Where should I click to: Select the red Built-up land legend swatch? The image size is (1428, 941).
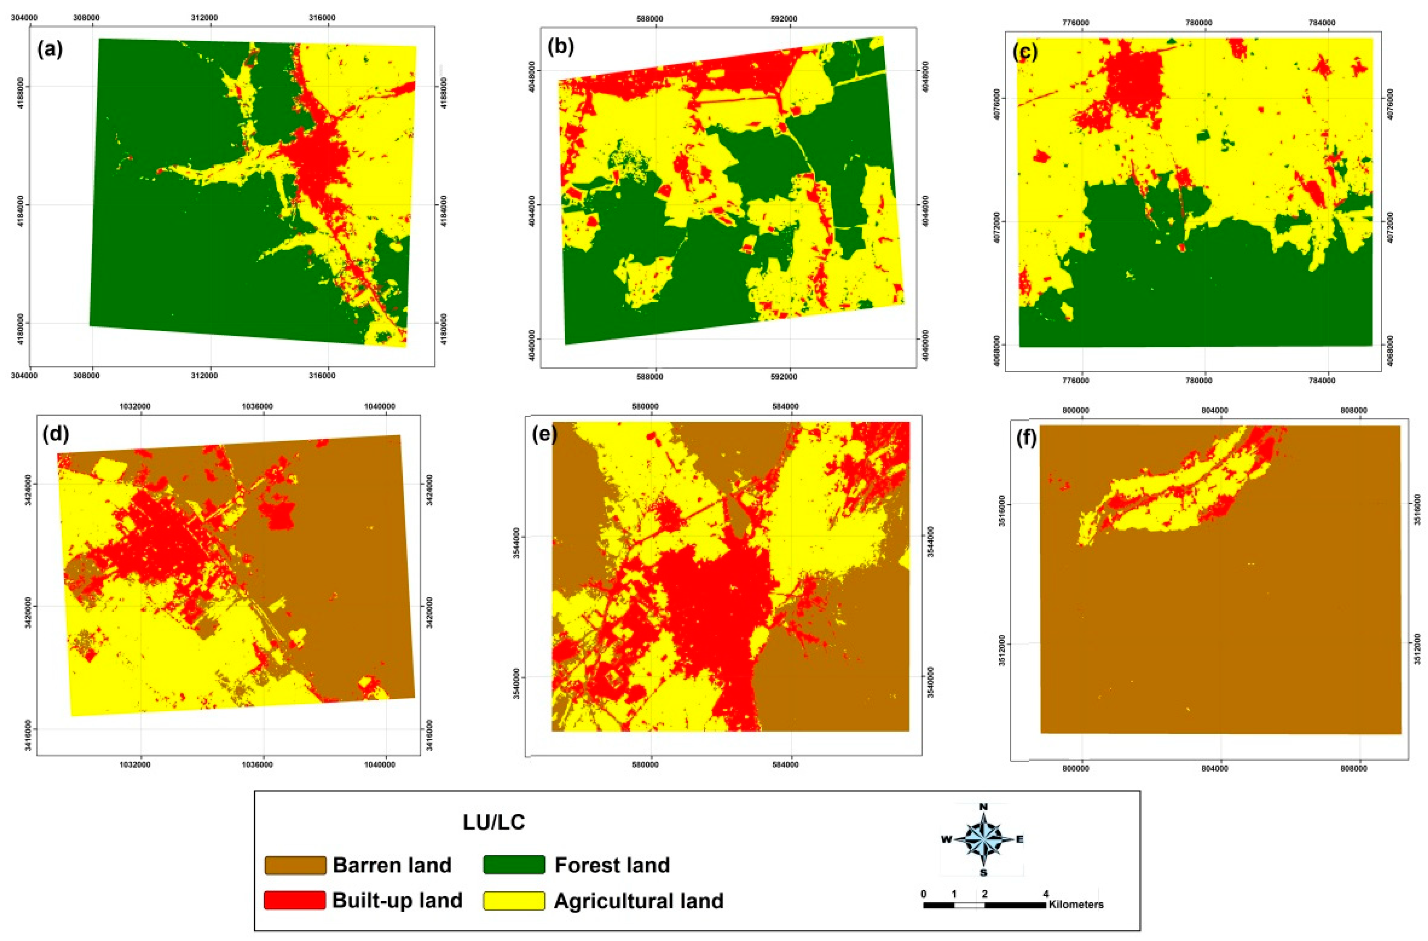coord(295,900)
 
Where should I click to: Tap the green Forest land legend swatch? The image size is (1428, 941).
coord(514,865)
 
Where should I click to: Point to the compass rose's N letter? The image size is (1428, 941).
coord(983,807)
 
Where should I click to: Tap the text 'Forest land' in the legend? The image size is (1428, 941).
coord(612,865)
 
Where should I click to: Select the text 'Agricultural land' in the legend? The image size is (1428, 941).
coord(639,901)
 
